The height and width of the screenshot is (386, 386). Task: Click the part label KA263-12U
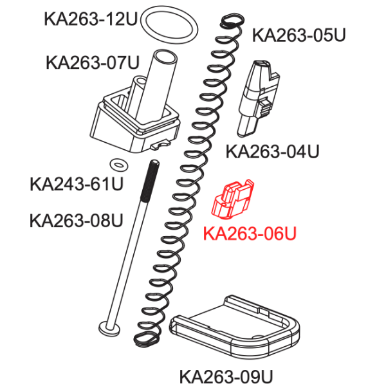coord(90,19)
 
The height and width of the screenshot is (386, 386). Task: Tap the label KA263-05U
coord(299,35)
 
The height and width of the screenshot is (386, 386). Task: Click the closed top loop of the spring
coord(232,21)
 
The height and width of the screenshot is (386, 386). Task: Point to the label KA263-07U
coord(93,62)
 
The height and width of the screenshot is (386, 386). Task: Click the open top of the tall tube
coord(165,58)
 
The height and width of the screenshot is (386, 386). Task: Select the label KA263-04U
coord(273,151)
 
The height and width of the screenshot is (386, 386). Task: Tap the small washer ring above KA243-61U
coord(118,164)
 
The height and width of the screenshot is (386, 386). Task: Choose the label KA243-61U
coord(77,184)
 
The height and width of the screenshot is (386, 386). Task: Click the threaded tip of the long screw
coord(151,180)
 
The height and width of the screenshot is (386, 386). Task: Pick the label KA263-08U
coord(77,221)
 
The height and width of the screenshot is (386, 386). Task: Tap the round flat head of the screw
coord(110,328)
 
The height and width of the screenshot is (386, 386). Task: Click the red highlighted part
coord(232,199)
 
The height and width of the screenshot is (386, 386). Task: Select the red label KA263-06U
coord(250,234)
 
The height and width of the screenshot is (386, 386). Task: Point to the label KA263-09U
coord(226,376)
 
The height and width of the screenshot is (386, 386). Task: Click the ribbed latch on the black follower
coord(265,107)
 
